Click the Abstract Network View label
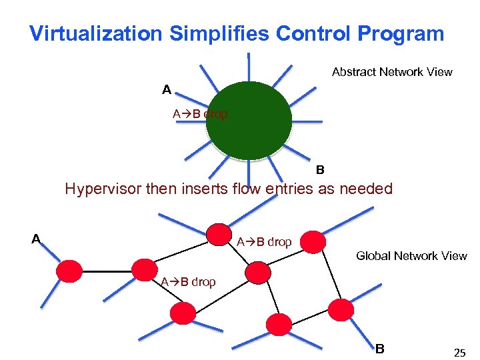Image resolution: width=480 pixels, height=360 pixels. tap(392, 72)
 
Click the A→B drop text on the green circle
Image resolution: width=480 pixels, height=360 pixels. tap(200, 114)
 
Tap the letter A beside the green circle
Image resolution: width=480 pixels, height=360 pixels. tap(166, 89)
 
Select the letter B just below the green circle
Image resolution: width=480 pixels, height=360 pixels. tap(320, 170)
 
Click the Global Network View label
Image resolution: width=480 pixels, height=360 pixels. tap(411, 256)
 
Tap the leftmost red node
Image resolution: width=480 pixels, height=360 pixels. tap(69, 271)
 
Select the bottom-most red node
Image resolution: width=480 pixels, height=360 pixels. tap(279, 324)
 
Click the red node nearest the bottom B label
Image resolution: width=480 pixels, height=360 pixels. tap(342, 310)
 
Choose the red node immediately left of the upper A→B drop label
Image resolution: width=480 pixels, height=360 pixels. tap(218, 234)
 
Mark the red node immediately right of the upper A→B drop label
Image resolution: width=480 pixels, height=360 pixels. tap(313, 242)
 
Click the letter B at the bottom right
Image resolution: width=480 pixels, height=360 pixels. tap(379, 348)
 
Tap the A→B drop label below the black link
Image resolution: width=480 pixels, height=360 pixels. tap(188, 282)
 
